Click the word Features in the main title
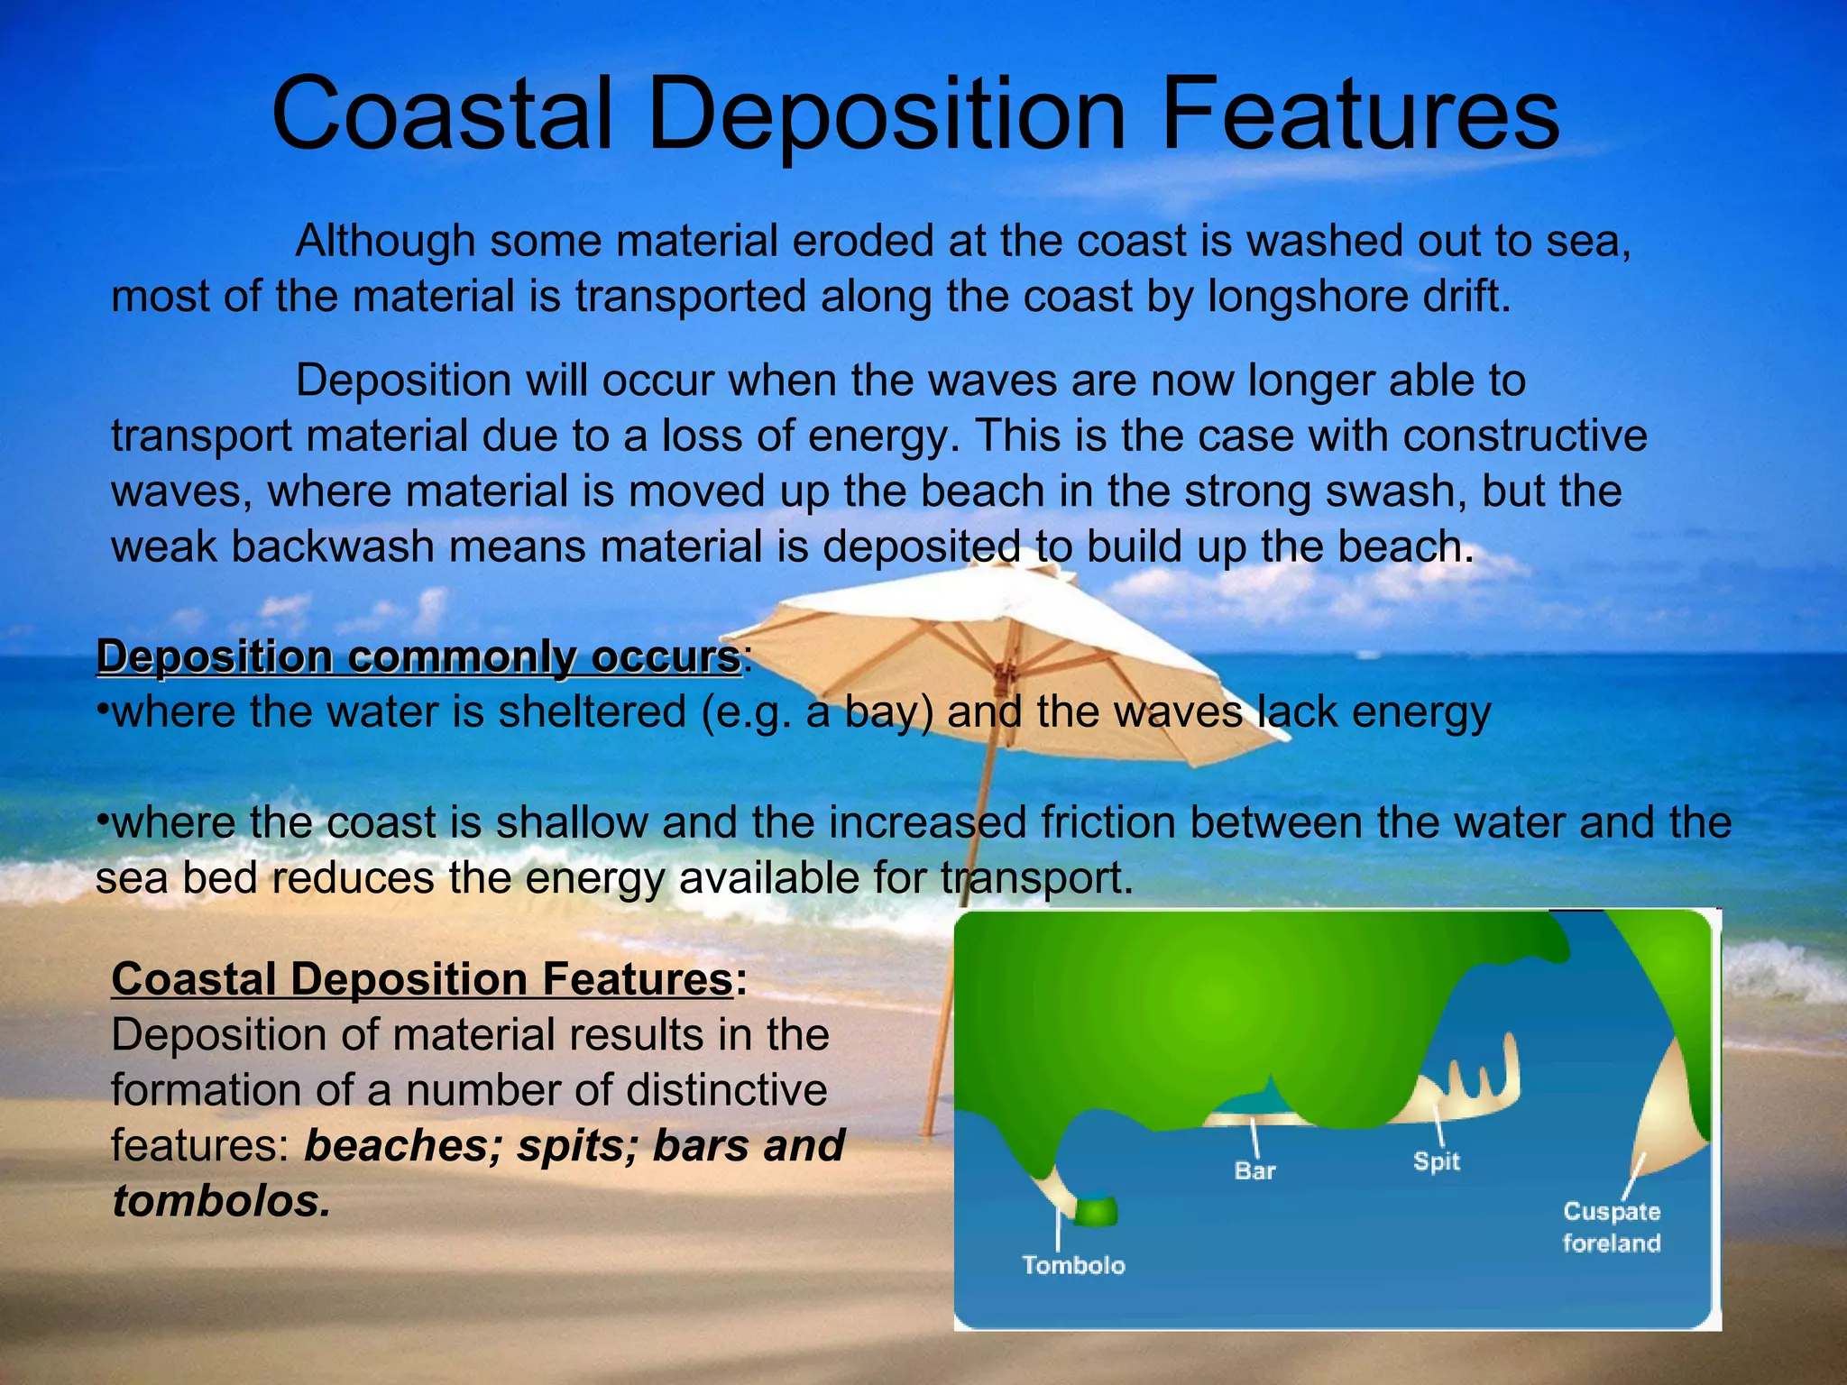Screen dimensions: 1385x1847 [x=1360, y=115]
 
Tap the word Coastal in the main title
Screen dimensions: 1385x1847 [x=442, y=115]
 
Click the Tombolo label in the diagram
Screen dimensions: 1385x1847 [x=1073, y=1265]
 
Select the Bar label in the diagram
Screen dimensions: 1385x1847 [x=1254, y=1171]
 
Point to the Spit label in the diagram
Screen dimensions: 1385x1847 [x=1436, y=1161]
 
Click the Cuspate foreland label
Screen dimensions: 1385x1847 [x=1612, y=1227]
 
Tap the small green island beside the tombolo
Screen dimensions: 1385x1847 [x=1096, y=1211]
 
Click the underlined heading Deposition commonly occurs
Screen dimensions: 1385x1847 [x=418, y=656]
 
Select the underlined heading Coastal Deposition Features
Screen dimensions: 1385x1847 [x=422, y=979]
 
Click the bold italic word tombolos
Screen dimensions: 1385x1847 [x=221, y=1201]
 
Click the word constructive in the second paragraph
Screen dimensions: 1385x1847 [x=1524, y=436]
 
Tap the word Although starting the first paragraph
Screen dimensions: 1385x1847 [x=385, y=242]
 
